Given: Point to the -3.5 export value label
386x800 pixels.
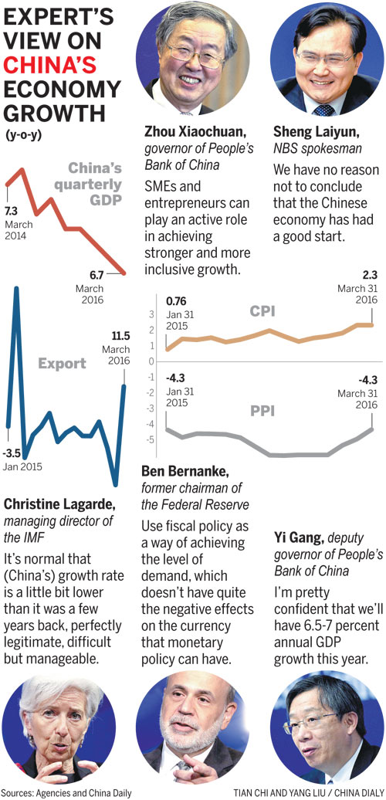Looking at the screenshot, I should click(x=13, y=454).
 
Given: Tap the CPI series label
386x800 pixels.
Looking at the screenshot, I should click(x=262, y=312).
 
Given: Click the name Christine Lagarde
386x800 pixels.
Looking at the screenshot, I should click(x=59, y=504).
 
